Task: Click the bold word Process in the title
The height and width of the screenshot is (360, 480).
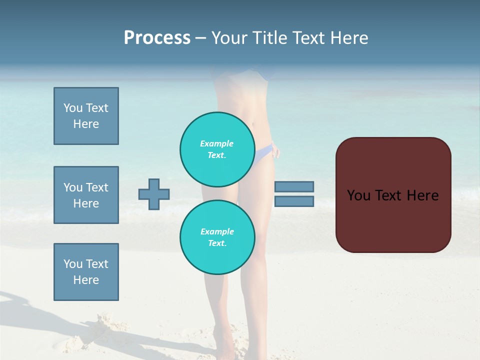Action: [x=157, y=38]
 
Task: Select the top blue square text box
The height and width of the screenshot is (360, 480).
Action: [x=86, y=116]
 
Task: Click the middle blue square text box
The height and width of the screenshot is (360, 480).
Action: [x=86, y=195]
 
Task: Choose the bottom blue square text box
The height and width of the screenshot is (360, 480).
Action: [x=86, y=272]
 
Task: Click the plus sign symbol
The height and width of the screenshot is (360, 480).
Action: [x=154, y=194]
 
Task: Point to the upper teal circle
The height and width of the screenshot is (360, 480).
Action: [x=217, y=149]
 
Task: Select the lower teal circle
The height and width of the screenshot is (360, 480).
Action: [x=217, y=237]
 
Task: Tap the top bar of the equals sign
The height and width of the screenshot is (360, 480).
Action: [x=294, y=186]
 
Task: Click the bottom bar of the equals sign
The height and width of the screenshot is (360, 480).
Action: [x=294, y=201]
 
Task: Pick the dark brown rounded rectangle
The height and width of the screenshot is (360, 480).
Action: [x=393, y=220]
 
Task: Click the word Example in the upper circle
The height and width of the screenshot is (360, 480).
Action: [x=217, y=143]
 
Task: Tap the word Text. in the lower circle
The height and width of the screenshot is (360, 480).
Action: [x=217, y=243]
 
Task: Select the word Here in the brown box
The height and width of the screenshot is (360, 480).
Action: [x=422, y=195]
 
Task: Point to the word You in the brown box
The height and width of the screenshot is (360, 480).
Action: [x=358, y=195]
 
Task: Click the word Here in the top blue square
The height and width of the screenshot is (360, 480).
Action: [x=86, y=124]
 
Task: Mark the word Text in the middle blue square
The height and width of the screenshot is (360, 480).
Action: [x=97, y=187]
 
